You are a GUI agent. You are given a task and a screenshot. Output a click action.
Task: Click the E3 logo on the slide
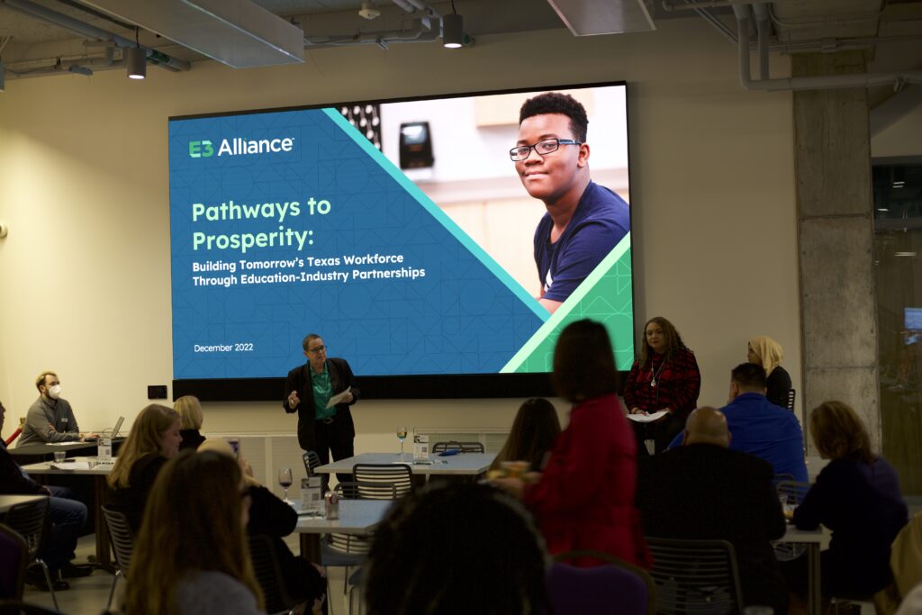201,149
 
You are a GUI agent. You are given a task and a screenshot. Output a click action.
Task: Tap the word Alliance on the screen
256,146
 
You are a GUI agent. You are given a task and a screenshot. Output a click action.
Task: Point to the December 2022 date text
223,348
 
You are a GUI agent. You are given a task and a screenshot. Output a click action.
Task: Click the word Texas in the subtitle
324,261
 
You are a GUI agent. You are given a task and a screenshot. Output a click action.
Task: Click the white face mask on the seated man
54,391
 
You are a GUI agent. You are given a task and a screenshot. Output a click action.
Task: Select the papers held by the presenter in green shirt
339,397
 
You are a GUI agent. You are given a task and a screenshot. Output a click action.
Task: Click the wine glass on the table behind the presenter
402,438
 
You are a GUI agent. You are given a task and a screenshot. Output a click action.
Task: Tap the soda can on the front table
331,505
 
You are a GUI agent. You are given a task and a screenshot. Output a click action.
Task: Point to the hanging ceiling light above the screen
452,31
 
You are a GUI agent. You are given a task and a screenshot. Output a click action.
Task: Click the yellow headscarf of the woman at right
767,353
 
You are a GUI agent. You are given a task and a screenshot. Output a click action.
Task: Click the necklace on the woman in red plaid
655,372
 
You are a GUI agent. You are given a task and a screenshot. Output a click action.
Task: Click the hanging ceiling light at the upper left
137,63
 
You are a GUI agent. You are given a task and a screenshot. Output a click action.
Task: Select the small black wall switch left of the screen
157,393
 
